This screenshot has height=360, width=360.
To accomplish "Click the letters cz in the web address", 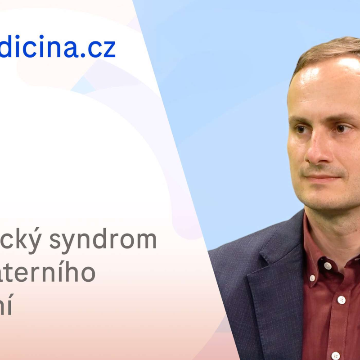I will (101, 49).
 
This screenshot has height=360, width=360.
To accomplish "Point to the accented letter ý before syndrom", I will (37, 240).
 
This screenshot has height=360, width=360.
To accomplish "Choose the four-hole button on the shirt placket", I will (342, 300).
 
